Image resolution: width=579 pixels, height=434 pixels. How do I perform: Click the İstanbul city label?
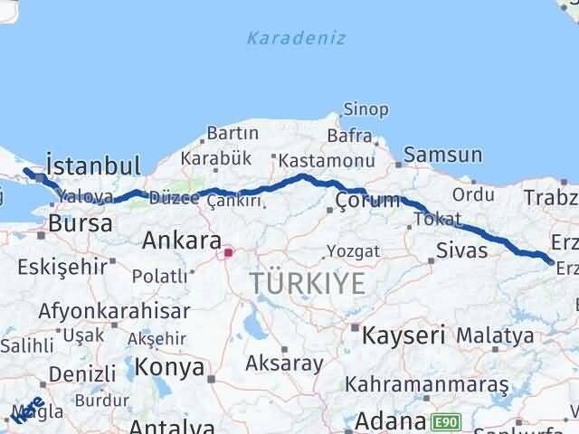coord(93,165)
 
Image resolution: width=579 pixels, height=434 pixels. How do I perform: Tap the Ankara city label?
coord(182,241)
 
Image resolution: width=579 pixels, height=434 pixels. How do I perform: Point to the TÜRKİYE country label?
coord(308,284)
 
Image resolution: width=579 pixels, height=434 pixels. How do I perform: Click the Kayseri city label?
coord(403,335)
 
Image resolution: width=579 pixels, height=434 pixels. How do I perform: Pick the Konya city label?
coord(170,367)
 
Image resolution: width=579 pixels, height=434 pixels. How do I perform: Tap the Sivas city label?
coord(461,250)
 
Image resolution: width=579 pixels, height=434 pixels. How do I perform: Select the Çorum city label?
coord(366,200)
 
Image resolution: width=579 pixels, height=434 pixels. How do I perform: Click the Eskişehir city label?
coord(60,268)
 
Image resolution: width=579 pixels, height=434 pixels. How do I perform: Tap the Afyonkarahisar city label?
coord(114,311)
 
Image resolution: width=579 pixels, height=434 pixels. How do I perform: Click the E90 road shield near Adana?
coord(444,421)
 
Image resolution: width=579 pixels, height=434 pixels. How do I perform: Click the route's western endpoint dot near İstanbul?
coord(27,172)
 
